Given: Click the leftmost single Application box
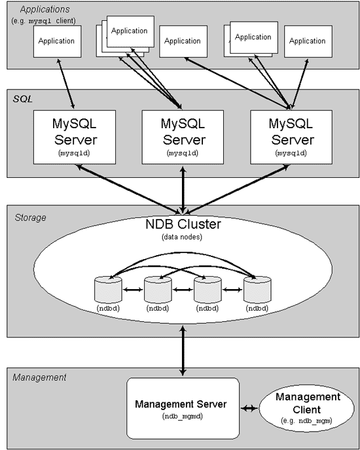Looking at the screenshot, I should [x=56, y=41].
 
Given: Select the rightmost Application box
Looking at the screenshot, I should [x=307, y=41].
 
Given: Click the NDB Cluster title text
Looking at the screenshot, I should [x=183, y=224].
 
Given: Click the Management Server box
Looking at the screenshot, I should [x=181, y=408].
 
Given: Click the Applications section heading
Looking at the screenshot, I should [x=44, y=9].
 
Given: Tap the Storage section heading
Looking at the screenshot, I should [x=30, y=217].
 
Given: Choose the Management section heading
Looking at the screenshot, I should [x=39, y=377].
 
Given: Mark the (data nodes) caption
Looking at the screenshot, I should [x=183, y=236].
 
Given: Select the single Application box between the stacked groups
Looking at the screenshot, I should [x=183, y=41].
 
